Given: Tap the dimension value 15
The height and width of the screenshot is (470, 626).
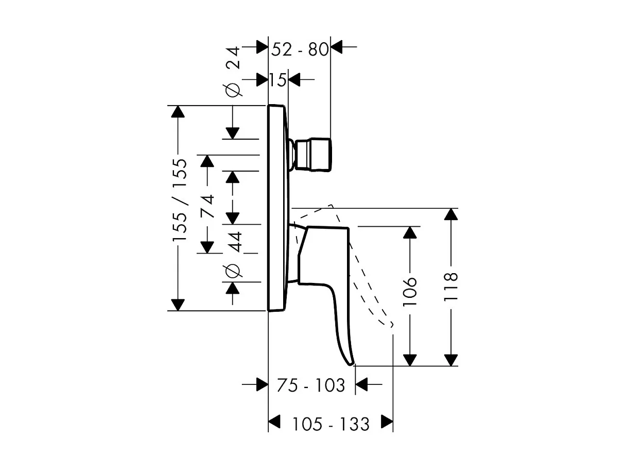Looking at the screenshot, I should click(x=277, y=80).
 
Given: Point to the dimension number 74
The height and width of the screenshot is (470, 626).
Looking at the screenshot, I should click(x=207, y=206).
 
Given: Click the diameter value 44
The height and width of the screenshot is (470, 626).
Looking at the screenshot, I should click(x=235, y=241).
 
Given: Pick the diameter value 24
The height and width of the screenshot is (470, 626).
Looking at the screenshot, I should click(x=233, y=57).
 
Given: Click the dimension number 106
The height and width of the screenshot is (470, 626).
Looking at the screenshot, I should click(x=410, y=291).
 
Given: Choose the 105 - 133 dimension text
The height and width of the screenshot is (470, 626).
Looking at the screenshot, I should click(x=331, y=424).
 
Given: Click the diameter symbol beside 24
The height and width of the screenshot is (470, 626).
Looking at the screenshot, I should click(x=233, y=89).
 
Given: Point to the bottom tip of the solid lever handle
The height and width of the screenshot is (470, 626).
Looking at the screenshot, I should click(x=353, y=363).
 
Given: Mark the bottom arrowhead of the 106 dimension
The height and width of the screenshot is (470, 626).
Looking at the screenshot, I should click(x=410, y=359).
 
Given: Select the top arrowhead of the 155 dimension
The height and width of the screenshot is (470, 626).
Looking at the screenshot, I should click(x=178, y=112).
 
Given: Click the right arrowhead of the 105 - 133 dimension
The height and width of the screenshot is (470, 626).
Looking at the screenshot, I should click(x=387, y=422).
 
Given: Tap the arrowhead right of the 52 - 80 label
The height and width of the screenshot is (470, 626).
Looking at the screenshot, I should click(x=337, y=47).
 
